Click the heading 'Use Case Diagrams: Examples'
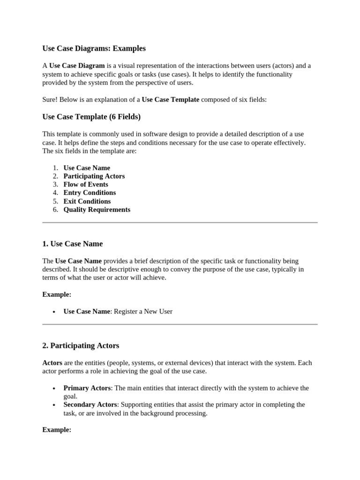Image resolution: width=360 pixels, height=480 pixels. point(94,48)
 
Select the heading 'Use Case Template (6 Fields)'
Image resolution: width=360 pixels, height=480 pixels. point(91,117)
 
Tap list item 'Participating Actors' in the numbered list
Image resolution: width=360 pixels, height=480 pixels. point(94,176)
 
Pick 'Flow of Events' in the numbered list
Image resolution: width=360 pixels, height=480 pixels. point(86,185)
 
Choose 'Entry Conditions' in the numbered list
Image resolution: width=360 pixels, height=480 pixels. point(90,193)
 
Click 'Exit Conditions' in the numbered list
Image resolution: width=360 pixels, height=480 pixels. point(87,202)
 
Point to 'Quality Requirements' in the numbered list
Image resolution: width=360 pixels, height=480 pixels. point(97,210)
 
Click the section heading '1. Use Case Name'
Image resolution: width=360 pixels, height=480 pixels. point(72,244)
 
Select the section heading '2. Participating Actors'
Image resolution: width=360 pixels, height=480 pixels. point(81,345)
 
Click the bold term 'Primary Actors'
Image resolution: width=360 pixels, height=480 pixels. point(87,388)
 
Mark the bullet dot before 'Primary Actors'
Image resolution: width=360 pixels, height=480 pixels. point(54,389)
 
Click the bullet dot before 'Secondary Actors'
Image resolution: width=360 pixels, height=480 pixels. point(54,405)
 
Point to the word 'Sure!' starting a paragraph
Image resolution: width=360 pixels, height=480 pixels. point(50,100)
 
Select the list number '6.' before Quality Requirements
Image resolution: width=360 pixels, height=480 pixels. point(55,210)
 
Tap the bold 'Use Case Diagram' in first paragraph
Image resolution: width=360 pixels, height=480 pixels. point(77,66)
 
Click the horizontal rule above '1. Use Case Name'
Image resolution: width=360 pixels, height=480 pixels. point(180,223)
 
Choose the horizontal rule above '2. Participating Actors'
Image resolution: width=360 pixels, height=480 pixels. point(180,324)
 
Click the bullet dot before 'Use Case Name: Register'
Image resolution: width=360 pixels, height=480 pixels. point(54,312)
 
